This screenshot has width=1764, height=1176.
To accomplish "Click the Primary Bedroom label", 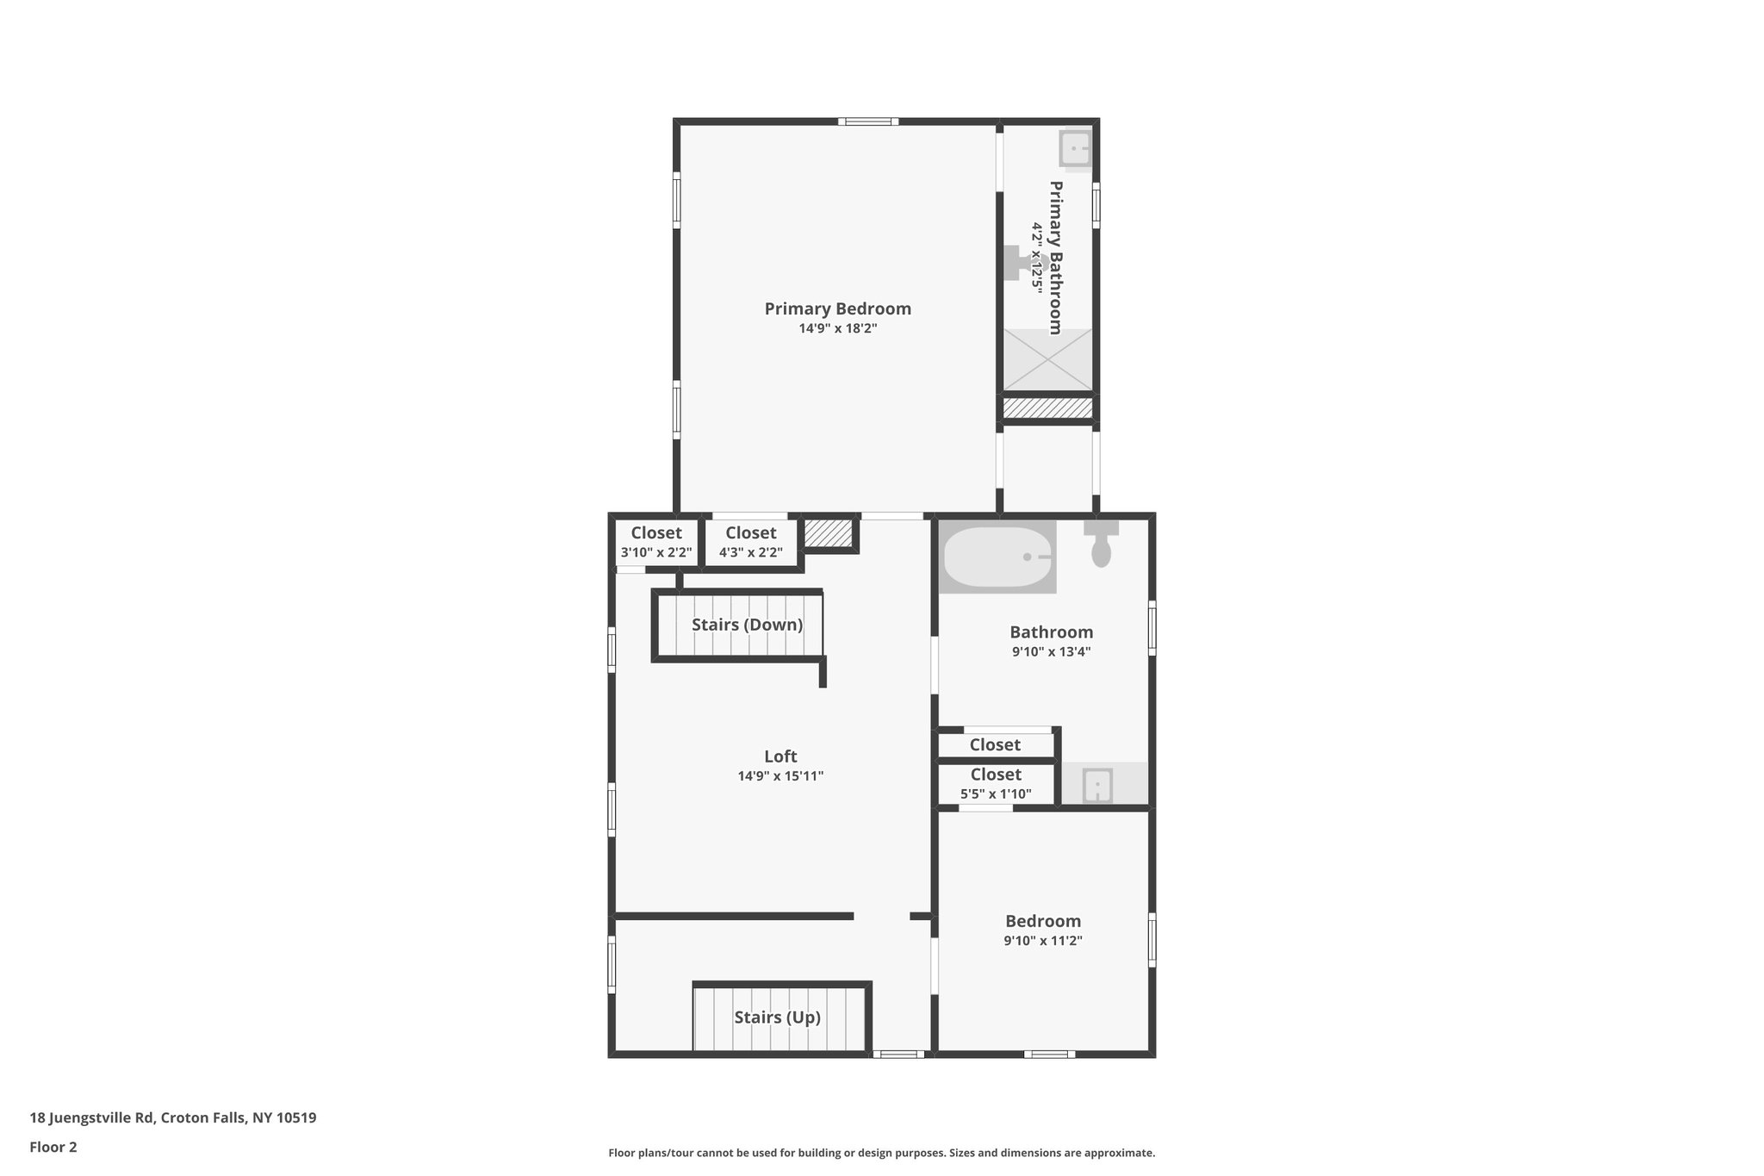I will (837, 308).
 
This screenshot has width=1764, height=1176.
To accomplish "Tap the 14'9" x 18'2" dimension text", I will (837, 328).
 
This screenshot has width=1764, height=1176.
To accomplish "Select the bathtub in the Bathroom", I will (997, 557).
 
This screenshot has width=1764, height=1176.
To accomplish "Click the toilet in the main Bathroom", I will (1101, 544).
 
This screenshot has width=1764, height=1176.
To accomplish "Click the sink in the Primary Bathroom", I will (1075, 149).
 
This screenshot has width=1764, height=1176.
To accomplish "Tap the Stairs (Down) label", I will (747, 625).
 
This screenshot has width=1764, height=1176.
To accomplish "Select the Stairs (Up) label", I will (777, 1017).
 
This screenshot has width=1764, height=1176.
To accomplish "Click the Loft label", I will (780, 756).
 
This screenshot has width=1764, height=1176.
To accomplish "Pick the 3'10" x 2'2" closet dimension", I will (656, 553).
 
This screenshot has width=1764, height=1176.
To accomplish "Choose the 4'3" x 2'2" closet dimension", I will (751, 553).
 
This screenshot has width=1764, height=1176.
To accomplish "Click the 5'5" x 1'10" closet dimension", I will (996, 794).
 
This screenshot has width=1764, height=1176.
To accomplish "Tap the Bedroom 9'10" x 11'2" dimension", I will (1043, 941).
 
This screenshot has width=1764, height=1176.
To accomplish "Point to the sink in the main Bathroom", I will (1096, 785).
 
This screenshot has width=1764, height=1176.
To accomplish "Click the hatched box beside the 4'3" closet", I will (828, 533).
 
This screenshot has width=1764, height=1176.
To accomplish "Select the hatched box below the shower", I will (1048, 408).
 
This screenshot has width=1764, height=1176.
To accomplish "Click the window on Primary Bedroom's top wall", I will (868, 121).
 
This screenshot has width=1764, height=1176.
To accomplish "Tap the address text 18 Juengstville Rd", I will (172, 1117).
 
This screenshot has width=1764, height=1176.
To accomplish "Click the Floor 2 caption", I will (53, 1147).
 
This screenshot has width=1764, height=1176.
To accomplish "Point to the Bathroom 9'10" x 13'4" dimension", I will (1052, 652).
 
